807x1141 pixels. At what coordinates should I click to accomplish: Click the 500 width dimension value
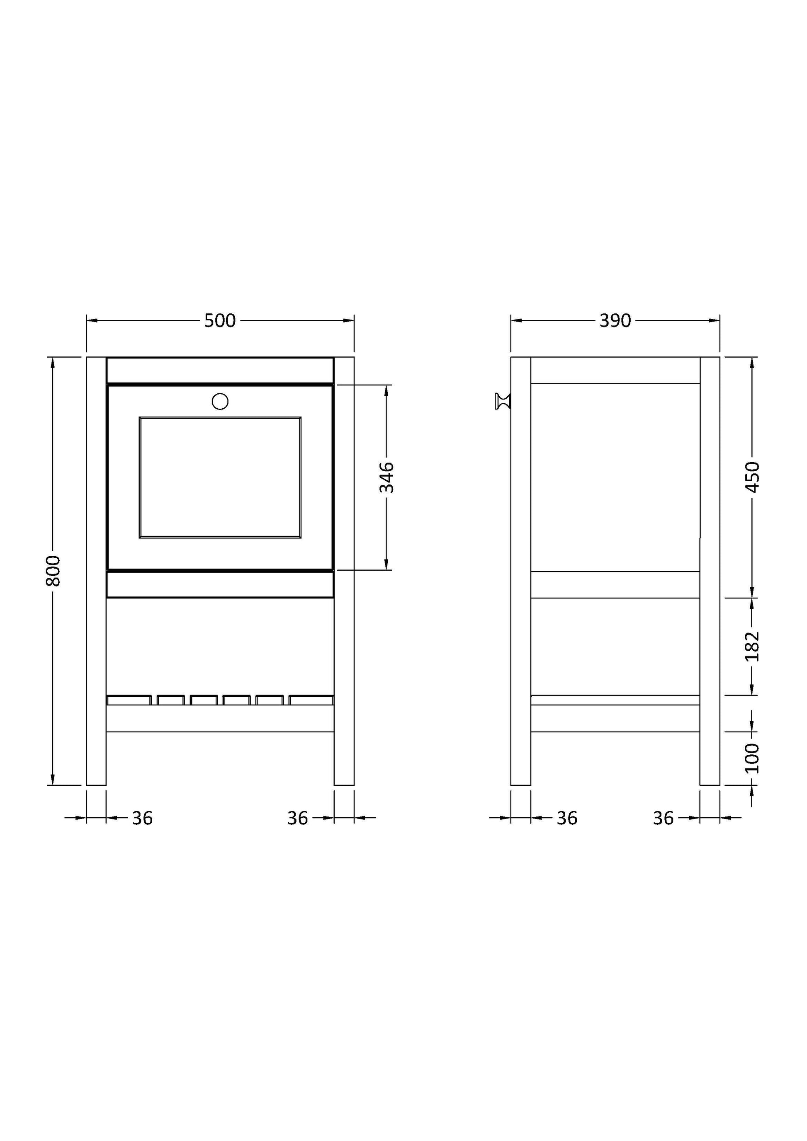tap(220, 320)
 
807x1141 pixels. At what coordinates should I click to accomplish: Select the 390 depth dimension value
tap(615, 320)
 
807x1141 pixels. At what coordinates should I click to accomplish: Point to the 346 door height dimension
tap(387, 477)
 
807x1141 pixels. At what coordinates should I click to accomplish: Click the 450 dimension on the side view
tap(752, 477)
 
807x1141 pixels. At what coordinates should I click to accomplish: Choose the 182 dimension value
tap(752, 646)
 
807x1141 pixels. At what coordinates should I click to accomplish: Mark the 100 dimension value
tap(752, 758)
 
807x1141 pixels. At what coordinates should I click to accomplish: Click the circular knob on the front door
tap(220, 401)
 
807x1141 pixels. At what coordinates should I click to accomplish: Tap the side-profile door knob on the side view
tap(503, 401)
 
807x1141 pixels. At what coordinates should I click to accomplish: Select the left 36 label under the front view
tap(142, 818)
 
